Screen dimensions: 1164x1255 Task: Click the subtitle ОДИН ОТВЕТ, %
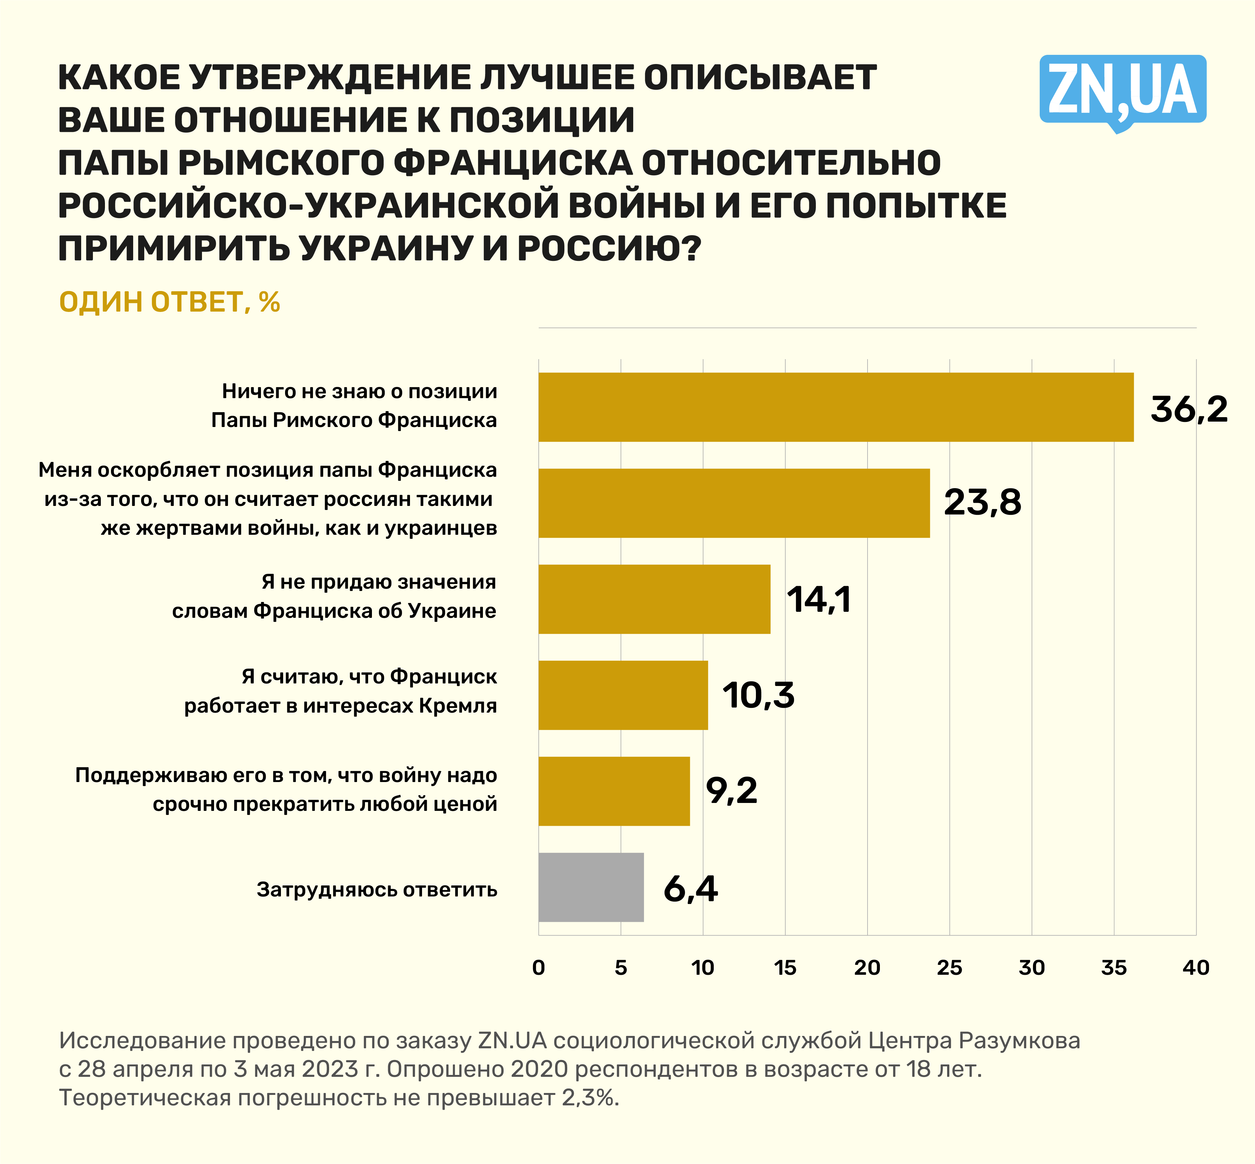click(x=169, y=302)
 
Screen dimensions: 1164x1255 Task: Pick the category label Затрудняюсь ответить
click(x=377, y=889)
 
